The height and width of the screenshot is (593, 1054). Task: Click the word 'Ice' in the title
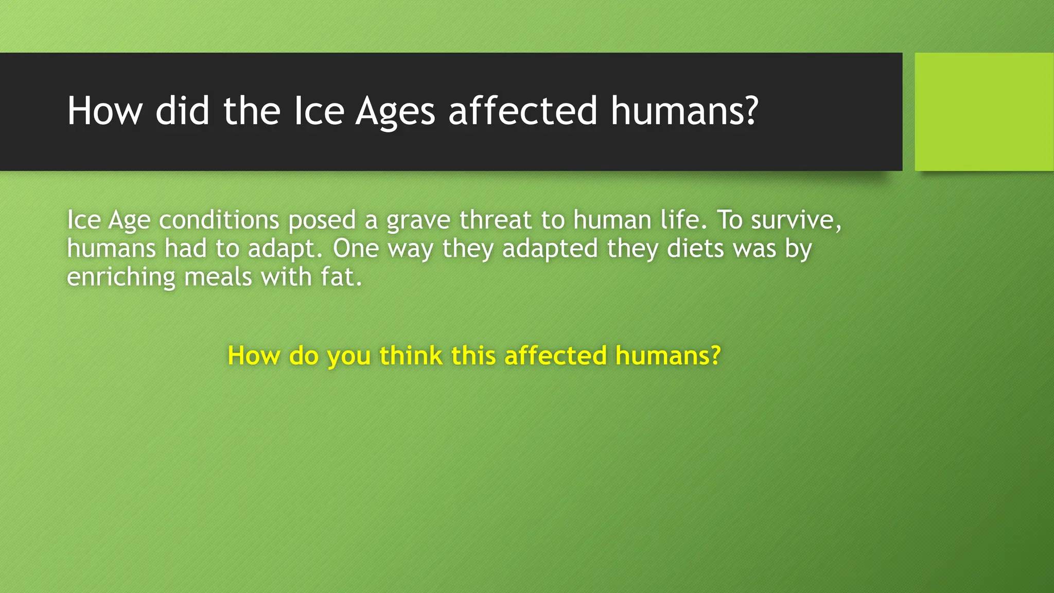(x=319, y=111)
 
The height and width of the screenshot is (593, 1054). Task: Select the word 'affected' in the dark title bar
(x=522, y=111)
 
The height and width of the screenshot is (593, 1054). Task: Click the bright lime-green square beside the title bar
(x=983, y=112)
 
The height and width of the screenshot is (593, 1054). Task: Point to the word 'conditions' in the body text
(x=219, y=220)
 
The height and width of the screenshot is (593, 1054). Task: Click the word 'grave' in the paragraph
(x=418, y=220)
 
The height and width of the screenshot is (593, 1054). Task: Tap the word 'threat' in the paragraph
(x=495, y=220)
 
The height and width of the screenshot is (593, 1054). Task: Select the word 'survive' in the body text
(x=793, y=220)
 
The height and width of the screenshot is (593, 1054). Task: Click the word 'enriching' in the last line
(x=121, y=277)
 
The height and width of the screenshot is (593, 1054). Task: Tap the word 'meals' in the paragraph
(x=218, y=277)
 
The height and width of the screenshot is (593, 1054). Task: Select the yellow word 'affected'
(x=555, y=356)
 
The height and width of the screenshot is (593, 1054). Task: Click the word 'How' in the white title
(x=104, y=111)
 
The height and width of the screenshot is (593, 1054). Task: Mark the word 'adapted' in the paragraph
(x=550, y=249)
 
